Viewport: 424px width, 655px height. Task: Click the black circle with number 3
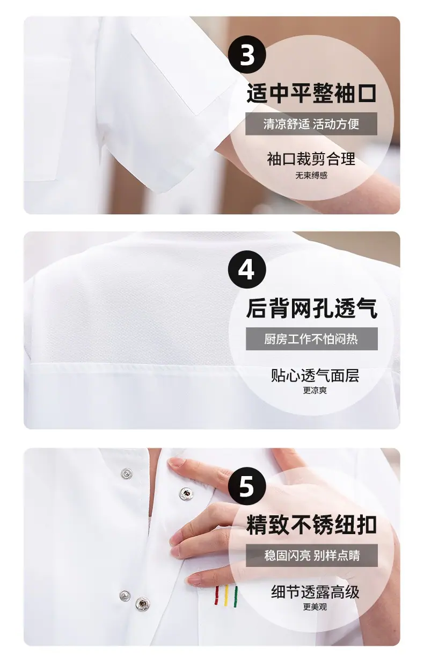pyautogui.click(x=247, y=55)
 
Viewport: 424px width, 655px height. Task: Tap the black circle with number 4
pyautogui.click(x=247, y=270)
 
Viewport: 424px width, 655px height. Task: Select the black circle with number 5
pyautogui.click(x=247, y=486)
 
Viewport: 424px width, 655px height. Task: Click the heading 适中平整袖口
pyautogui.click(x=311, y=93)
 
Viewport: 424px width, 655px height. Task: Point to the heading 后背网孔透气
pyautogui.click(x=312, y=308)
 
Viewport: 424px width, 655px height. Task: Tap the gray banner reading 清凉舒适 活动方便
pyautogui.click(x=311, y=124)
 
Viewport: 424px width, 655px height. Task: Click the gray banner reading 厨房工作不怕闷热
pyautogui.click(x=312, y=339)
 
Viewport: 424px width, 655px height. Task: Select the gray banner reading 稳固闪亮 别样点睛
pyautogui.click(x=312, y=555)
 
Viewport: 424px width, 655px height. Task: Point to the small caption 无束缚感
pyautogui.click(x=311, y=176)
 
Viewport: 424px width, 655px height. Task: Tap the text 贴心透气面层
pyautogui.click(x=315, y=376)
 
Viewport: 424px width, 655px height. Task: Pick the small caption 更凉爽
pyautogui.click(x=315, y=391)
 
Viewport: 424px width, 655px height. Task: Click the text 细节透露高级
pyautogui.click(x=315, y=592)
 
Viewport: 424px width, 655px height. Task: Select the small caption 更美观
pyautogui.click(x=315, y=607)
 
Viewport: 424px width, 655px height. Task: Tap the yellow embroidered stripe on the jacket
pyautogui.click(x=226, y=595)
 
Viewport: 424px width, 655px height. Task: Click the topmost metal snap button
pyautogui.click(x=127, y=472)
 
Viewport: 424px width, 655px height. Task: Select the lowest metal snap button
pyautogui.click(x=143, y=603)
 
